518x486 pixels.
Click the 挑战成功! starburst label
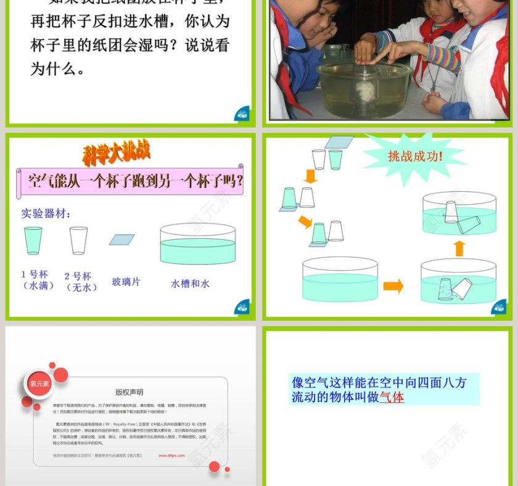(416, 157)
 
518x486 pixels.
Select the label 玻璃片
(126, 282)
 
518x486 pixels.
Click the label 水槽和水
(191, 284)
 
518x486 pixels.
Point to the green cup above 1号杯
(33, 241)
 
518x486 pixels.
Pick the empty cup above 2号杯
(78, 241)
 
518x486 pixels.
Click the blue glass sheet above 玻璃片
(121, 239)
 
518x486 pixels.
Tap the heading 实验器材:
(46, 213)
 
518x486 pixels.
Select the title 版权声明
(129, 392)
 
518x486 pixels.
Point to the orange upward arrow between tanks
(458, 248)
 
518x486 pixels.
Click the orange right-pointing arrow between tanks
(393, 286)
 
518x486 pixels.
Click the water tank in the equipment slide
(197, 244)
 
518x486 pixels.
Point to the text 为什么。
(58, 68)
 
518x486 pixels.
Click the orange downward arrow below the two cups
(311, 176)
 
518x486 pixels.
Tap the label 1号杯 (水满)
(34, 280)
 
